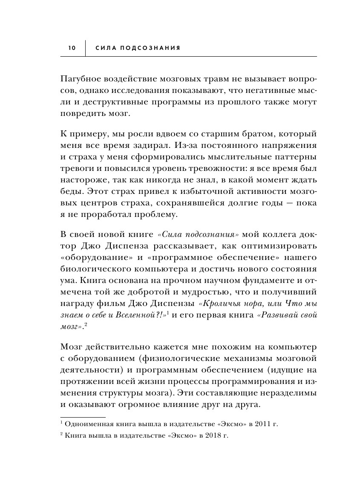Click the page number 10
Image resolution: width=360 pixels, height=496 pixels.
tap(71, 48)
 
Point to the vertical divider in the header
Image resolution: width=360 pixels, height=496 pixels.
tap(86, 48)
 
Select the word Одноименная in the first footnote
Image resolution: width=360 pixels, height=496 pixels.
tap(86, 425)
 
